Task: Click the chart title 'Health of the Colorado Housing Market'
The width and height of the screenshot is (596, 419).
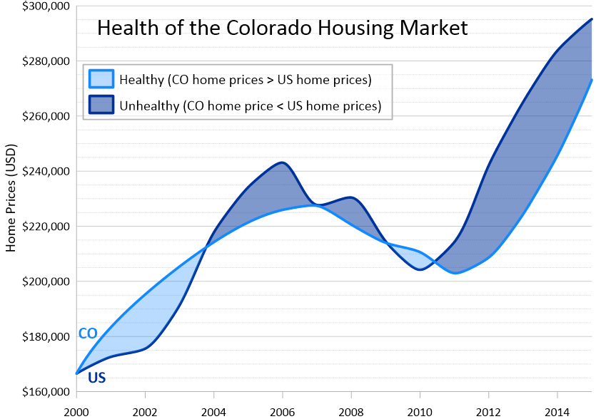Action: tap(282, 29)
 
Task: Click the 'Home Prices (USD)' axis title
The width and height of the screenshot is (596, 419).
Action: tap(11, 200)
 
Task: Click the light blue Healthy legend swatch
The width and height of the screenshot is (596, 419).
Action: tap(100, 79)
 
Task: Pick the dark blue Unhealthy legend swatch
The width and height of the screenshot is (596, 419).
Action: tap(100, 106)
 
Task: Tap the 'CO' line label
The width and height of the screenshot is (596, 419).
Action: tap(87, 333)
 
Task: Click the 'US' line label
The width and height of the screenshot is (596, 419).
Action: tap(96, 378)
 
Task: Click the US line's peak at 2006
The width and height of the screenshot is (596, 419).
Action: tap(283, 162)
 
